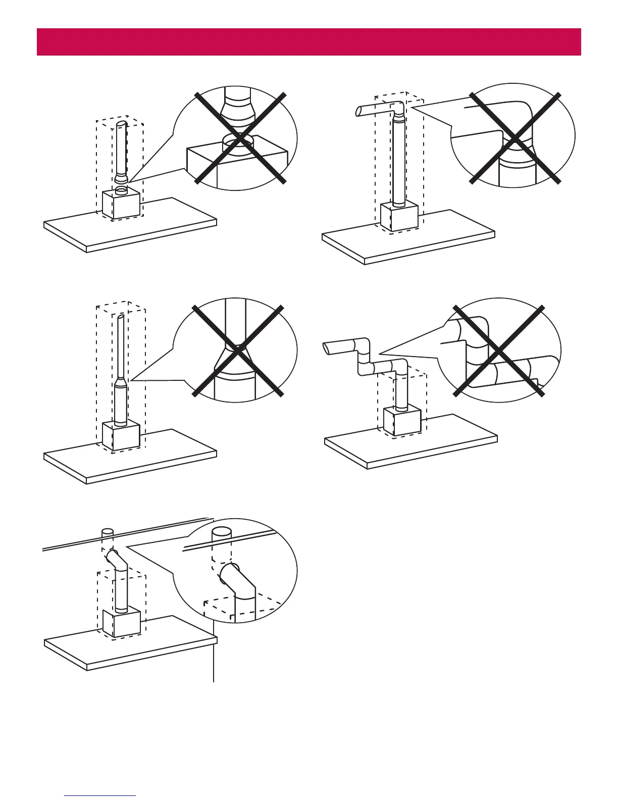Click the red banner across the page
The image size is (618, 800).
point(308,42)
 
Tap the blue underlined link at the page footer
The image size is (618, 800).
point(100,795)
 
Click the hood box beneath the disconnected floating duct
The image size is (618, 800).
point(121,205)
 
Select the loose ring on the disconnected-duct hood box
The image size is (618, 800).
point(121,190)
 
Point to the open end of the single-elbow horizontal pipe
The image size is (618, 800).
point(359,111)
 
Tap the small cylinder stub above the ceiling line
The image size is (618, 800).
point(107,532)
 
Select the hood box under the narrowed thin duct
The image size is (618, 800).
point(121,436)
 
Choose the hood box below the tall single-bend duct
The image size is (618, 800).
point(399,216)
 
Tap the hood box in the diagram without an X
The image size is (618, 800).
point(121,623)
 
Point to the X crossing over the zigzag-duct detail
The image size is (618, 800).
point(498,351)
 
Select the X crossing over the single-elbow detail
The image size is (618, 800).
point(514,138)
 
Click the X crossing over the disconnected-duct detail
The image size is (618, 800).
point(241,137)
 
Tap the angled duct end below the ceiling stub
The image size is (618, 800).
point(111,557)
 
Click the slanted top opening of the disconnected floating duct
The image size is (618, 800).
point(121,124)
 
